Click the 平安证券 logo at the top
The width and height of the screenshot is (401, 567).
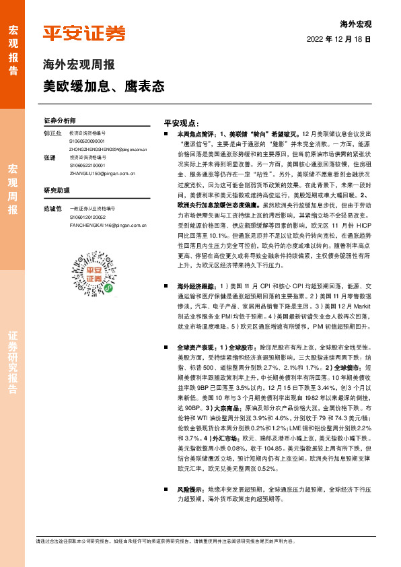tap(84, 33)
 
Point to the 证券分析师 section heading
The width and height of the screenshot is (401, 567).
tap(60, 121)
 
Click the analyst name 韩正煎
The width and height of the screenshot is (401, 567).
tap(52, 134)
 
